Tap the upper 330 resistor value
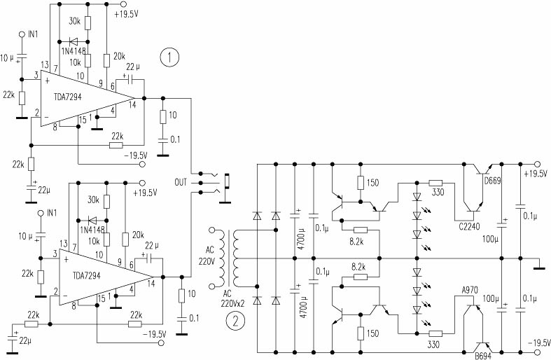pyautogui.click(x=438, y=193)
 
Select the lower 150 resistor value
pyautogui.click(x=372, y=333)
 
